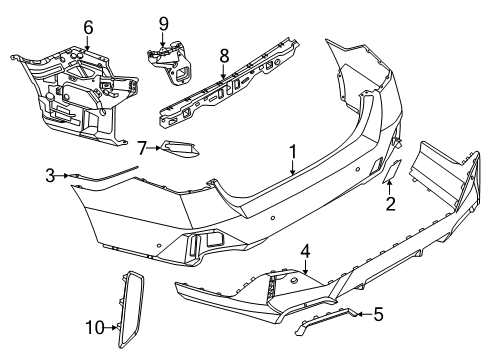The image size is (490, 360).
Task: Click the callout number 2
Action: coord(391,205)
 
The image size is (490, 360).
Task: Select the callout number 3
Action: coord(50,176)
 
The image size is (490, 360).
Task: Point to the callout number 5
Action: coord(377,315)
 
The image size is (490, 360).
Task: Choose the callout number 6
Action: coord(87,27)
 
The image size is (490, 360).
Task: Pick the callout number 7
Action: coord(143,148)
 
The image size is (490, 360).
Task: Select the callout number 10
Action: coord(93,327)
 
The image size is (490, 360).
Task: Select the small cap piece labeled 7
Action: coord(180,150)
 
